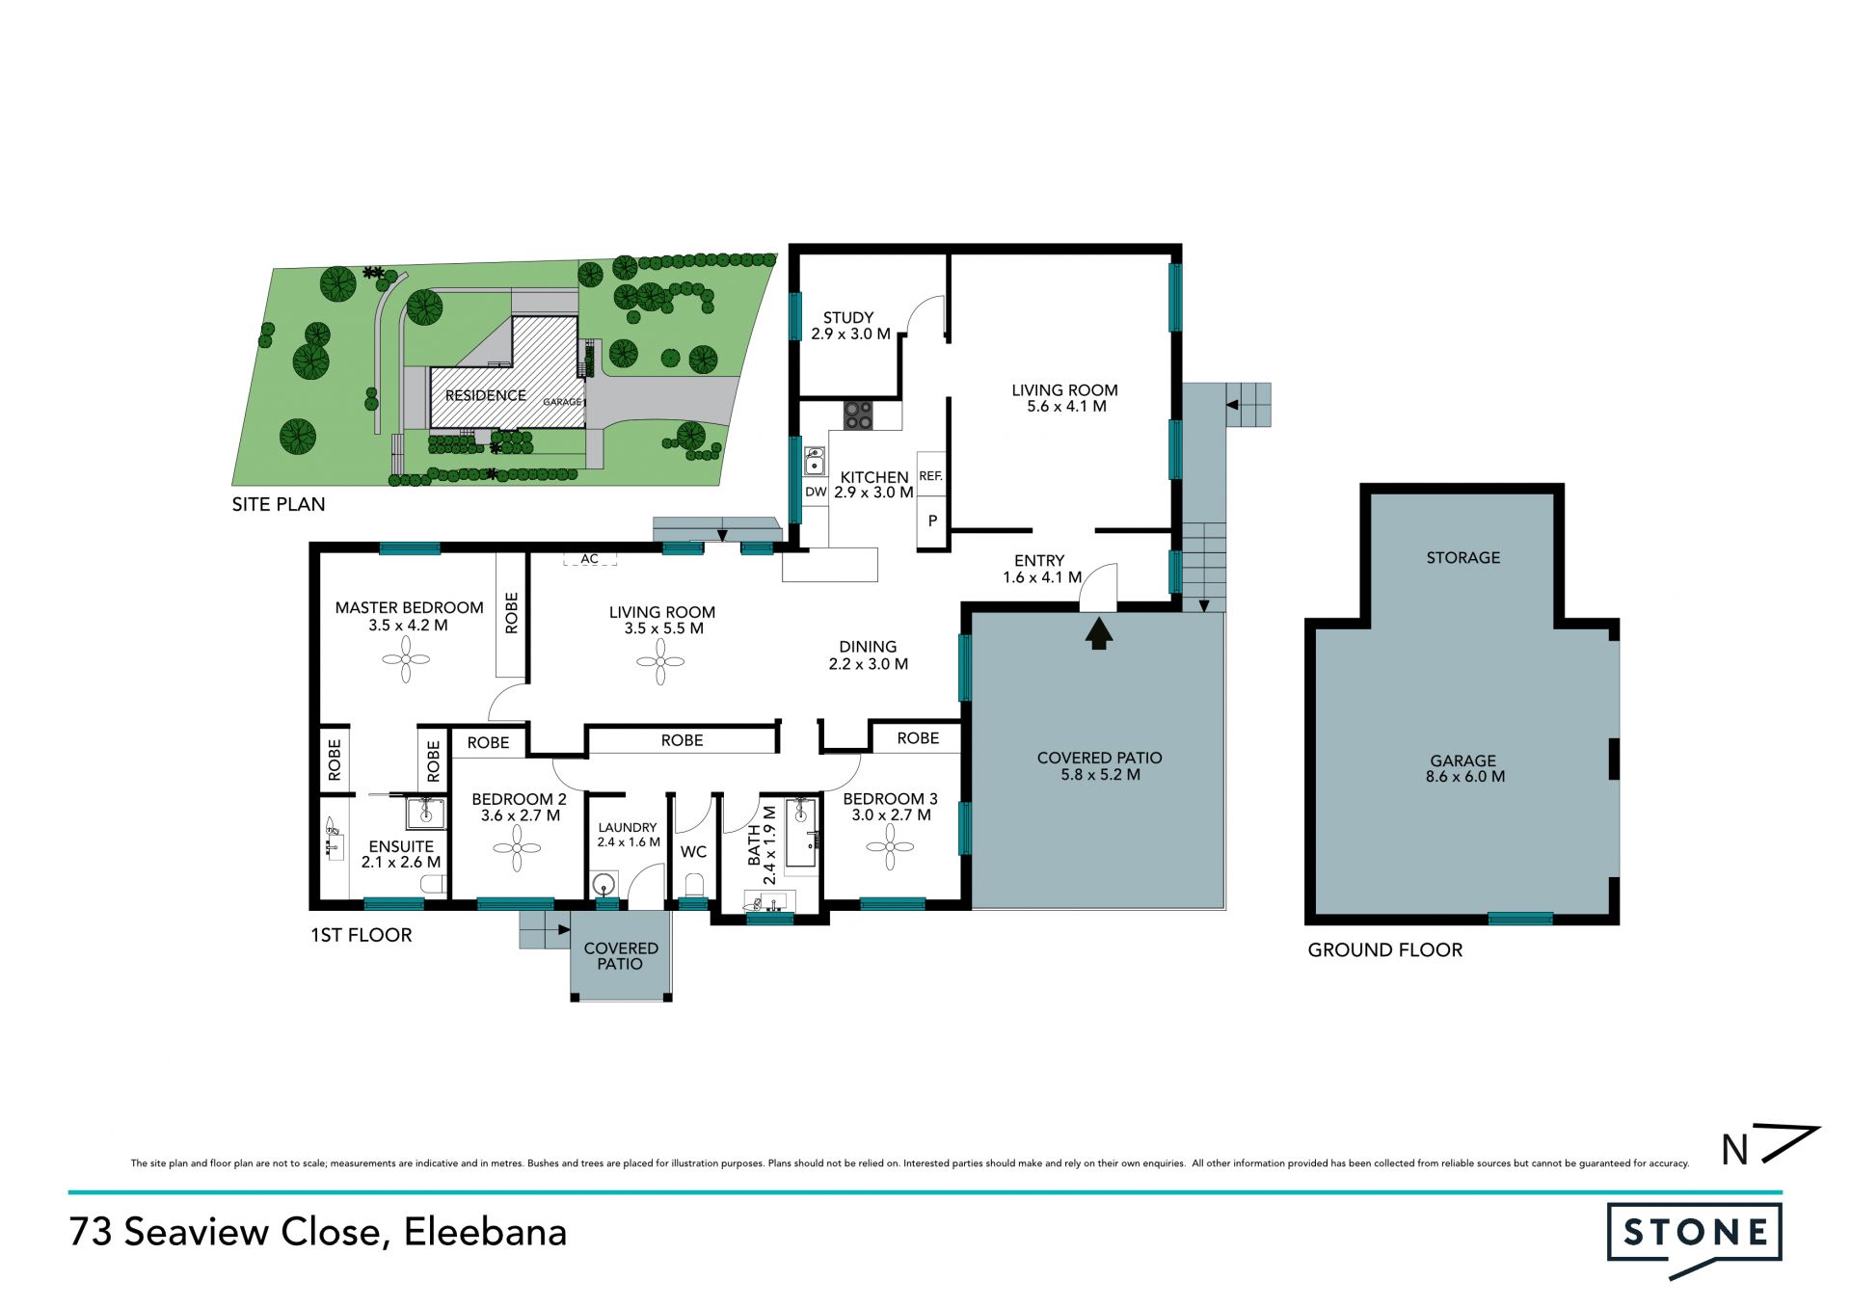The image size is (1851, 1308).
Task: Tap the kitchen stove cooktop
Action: point(858,415)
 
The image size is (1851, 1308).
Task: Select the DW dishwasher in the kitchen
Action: point(816,492)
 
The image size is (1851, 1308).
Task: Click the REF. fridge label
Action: point(930,476)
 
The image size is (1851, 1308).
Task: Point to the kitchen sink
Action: point(815,461)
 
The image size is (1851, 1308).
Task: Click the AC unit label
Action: point(589,559)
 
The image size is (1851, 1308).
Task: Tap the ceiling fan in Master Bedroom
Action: point(406,661)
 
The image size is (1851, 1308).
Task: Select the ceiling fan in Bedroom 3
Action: point(890,848)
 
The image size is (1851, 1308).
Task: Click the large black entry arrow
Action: point(1099,634)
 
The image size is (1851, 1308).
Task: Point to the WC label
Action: point(693,852)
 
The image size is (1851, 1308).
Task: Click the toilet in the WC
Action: point(694,884)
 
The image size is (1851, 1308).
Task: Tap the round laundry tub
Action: point(604,884)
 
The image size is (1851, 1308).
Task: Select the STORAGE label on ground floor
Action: point(1463,557)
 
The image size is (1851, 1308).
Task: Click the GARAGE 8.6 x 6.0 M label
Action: point(1464,768)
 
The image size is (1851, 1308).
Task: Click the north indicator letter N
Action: point(1735,1149)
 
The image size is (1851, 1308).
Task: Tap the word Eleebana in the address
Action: point(485,1232)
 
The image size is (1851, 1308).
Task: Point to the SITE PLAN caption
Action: point(279,504)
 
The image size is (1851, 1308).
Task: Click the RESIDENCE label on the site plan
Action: point(485,395)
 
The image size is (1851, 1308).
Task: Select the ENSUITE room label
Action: point(401,846)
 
